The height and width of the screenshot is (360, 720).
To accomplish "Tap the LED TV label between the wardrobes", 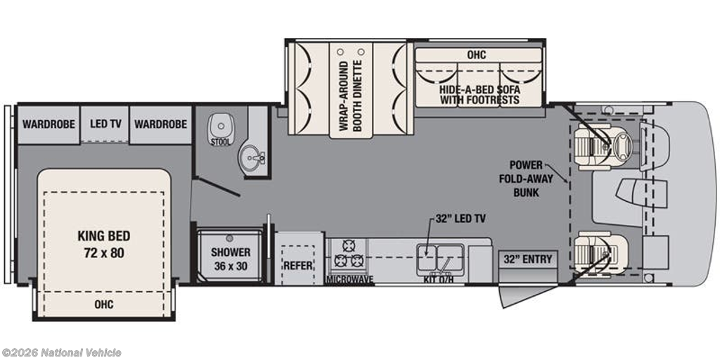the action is point(105,124).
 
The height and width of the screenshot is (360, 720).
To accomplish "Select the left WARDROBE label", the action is point(49,124).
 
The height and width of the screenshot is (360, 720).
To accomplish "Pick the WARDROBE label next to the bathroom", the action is point(161,124).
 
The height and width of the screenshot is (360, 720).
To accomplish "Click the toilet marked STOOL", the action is point(220,129).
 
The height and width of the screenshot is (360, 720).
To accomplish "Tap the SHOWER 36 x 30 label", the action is point(231,259).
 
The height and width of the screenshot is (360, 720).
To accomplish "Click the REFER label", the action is point(298,266).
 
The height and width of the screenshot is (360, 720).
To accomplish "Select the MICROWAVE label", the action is point(349,279).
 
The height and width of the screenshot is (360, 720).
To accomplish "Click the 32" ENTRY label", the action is point(528,259).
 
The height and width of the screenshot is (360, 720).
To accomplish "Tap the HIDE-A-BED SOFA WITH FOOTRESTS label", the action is point(480,95).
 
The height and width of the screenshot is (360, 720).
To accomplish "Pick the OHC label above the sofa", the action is point(477,55).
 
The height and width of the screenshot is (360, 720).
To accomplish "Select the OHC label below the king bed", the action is point(104,304).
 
